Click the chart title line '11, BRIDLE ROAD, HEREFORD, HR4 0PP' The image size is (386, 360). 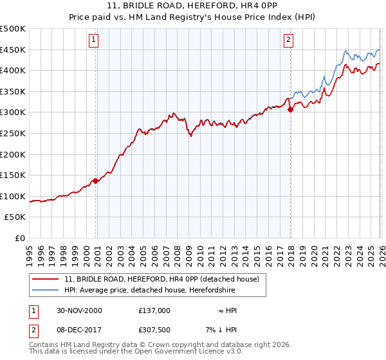click(193, 7)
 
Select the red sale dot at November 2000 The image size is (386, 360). click(96, 181)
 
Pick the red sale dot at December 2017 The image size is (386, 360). click(290, 109)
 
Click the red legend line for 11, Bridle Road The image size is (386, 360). click(46, 279)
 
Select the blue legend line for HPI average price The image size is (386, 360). click(46, 291)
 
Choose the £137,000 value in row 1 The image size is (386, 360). click(154, 310)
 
